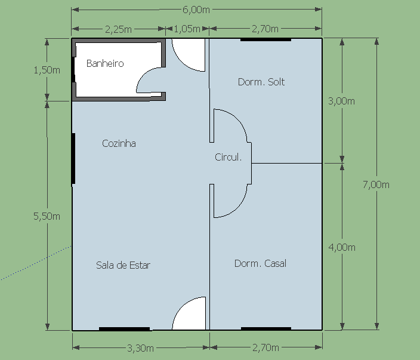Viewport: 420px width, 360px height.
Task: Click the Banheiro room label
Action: (105, 63)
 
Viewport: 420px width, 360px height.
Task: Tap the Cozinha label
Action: (119, 143)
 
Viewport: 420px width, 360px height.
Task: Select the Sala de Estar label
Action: (123, 265)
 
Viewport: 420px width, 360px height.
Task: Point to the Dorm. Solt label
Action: (261, 82)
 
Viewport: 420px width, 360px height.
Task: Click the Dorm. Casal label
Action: (260, 263)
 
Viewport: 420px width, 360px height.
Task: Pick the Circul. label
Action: (228, 157)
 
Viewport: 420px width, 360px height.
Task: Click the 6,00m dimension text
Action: (196, 10)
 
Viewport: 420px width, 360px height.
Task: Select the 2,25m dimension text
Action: (118, 29)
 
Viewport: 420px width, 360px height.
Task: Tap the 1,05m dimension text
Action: (187, 29)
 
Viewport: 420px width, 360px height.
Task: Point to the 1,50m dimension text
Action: (47, 70)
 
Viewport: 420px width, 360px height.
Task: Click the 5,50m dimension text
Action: (47, 216)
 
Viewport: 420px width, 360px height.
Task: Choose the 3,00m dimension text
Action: (341, 101)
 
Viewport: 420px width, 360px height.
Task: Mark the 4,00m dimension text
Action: (342, 247)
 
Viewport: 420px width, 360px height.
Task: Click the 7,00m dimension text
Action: (376, 184)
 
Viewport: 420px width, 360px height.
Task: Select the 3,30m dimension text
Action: (140, 348)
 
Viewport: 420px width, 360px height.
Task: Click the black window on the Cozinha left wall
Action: (73, 159)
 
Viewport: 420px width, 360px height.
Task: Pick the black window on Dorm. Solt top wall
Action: (265, 39)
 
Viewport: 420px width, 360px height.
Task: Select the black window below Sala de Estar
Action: (124, 329)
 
